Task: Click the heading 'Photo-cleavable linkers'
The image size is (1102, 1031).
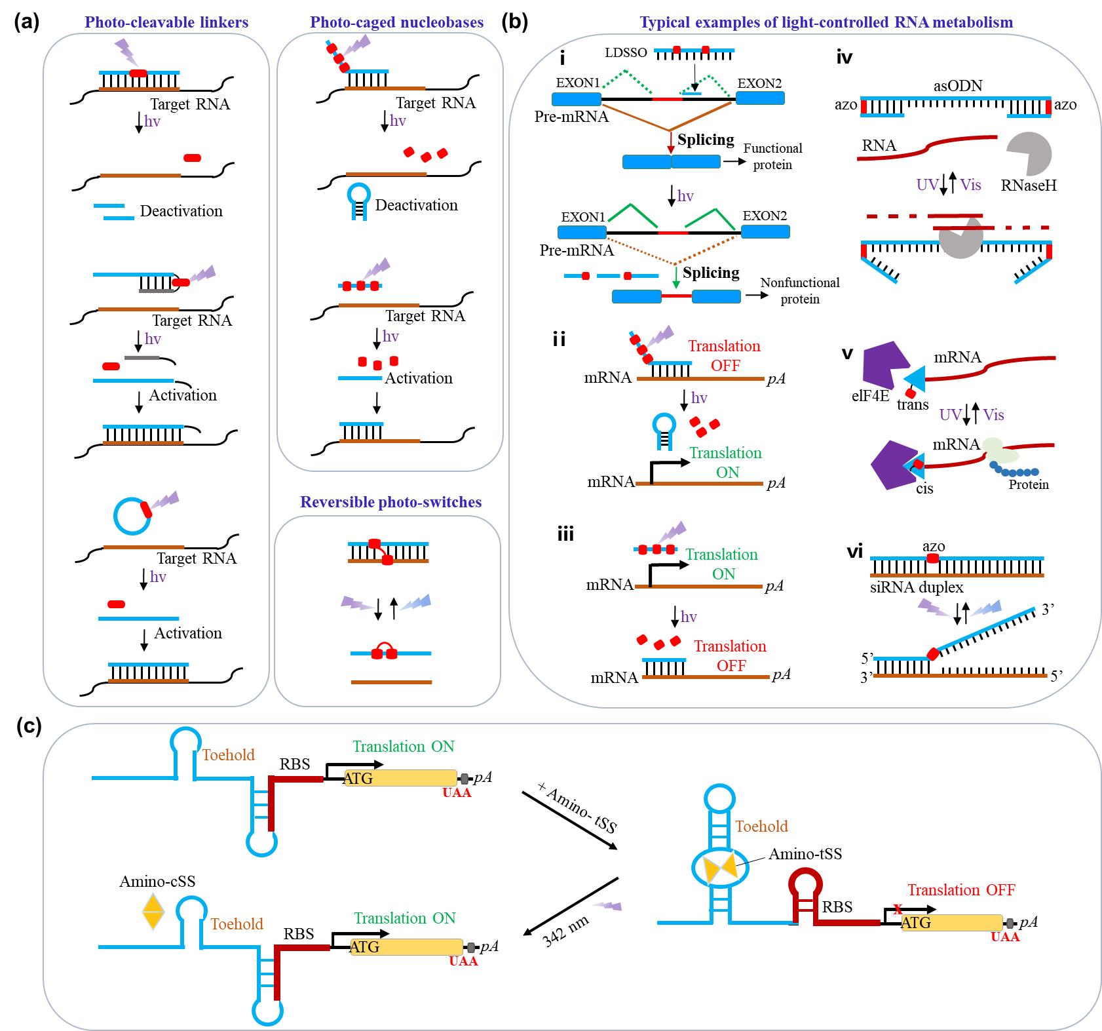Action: pos(166,22)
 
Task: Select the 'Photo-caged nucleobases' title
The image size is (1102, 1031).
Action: pos(396,22)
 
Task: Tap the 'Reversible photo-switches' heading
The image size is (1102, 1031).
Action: pos(390,502)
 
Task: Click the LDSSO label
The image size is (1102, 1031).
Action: pos(626,52)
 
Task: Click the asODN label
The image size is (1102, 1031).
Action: pos(957,86)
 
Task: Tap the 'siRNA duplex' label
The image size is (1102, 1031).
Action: pos(917,587)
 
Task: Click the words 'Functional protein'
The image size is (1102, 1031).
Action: pos(772,157)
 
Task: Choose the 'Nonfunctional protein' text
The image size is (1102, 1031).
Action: pos(799,290)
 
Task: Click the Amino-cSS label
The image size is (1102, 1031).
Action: pos(157,881)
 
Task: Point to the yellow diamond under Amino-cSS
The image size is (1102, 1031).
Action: pos(153,912)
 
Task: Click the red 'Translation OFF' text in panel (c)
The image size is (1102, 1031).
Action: pos(960,889)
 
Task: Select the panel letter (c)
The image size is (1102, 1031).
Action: pos(28,727)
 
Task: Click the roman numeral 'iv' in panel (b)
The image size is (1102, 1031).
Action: pos(845,58)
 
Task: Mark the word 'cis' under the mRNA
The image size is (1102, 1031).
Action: pos(924,488)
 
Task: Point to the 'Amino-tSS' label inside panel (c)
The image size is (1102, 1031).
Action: pos(805,853)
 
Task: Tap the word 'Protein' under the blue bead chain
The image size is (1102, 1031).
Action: pos(1029,484)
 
